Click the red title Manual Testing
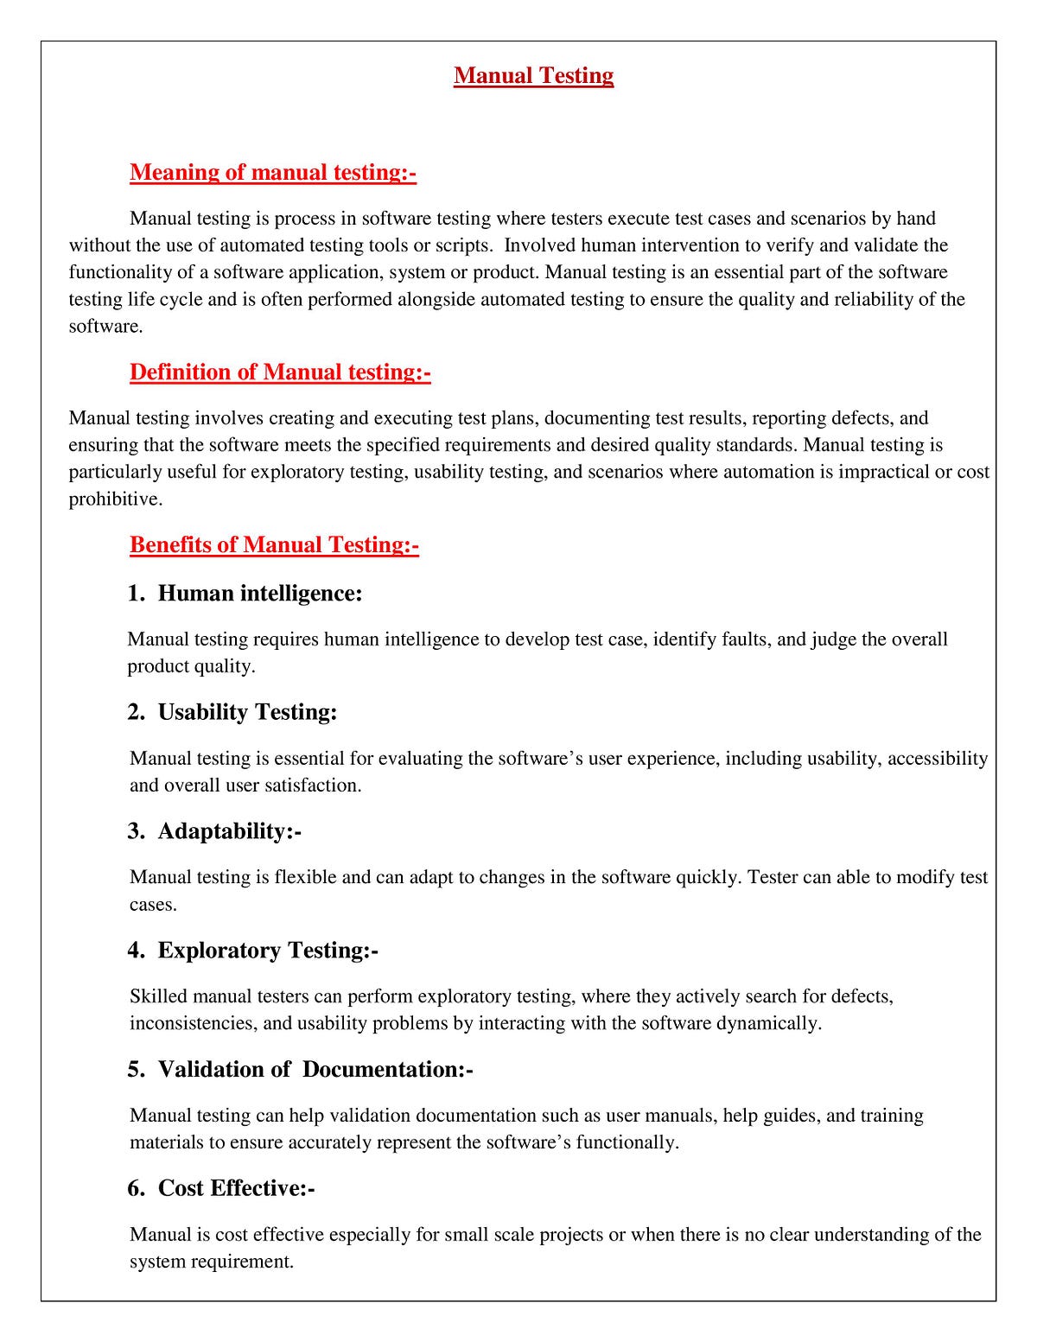tap(533, 76)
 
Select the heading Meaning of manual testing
tap(273, 173)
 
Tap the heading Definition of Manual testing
tap(280, 372)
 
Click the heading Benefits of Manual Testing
tap(274, 545)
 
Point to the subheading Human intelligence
tap(259, 594)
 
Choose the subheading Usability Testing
tap(247, 712)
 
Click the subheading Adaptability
tap(229, 831)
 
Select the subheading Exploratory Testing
tap(268, 951)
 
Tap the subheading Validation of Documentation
tap(315, 1070)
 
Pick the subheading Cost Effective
tap(236, 1189)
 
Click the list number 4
tap(136, 951)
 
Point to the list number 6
tap(136, 1189)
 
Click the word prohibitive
tap(114, 499)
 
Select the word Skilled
tap(158, 996)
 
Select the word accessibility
tap(938, 759)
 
